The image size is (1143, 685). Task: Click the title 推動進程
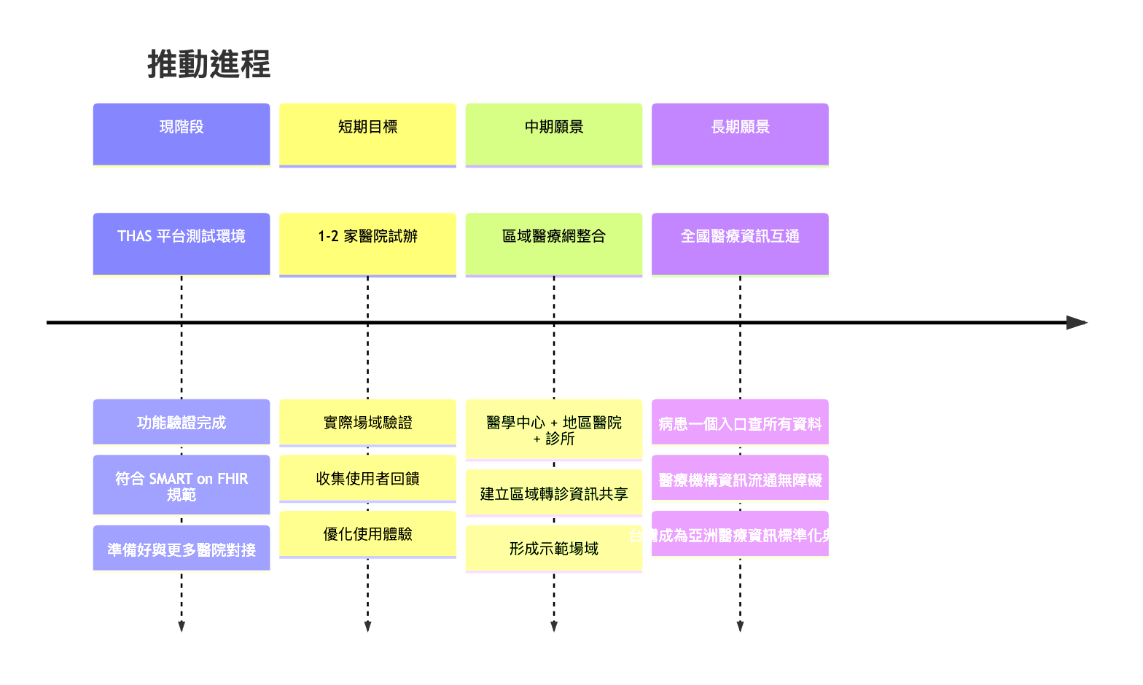209,64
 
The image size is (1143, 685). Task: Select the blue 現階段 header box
181,135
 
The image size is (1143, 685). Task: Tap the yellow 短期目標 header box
367,135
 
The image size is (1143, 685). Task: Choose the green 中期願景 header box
553,135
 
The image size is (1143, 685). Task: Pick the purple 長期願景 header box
740,135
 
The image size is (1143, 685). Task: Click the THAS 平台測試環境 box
181,244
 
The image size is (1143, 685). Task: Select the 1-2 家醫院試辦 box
367,244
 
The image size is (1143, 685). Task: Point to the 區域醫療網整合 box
553,244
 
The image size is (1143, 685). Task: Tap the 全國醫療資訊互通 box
740,244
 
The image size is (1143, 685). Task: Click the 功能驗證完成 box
181,423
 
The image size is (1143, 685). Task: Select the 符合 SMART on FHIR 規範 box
181,486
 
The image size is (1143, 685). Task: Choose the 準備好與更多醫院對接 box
181,549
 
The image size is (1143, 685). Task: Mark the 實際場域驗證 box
367,423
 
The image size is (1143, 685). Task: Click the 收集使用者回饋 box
367,479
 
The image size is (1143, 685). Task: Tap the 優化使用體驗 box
367,534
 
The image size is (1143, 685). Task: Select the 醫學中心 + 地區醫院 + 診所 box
553,430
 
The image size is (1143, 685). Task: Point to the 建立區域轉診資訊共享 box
553,493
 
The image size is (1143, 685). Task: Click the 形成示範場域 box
553,549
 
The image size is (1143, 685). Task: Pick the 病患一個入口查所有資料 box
740,423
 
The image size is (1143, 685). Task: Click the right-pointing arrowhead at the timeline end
1076,322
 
